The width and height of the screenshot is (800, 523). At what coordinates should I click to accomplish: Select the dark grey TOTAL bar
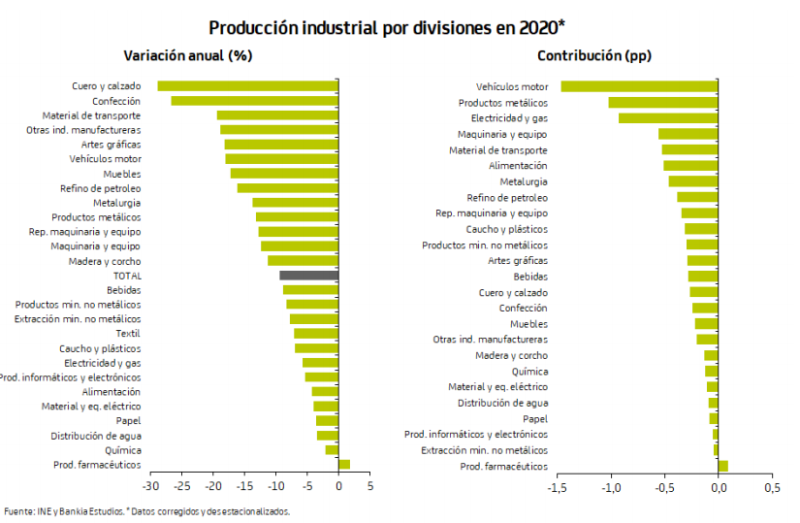308,276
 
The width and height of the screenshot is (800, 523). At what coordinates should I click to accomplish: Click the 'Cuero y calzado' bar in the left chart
247,86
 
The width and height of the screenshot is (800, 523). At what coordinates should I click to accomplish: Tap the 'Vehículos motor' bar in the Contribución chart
639,86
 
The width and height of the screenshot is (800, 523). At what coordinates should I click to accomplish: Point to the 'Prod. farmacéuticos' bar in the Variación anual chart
344,465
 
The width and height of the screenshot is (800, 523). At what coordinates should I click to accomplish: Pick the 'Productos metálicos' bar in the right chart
663,103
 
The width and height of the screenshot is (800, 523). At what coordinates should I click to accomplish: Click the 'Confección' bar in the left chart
254,101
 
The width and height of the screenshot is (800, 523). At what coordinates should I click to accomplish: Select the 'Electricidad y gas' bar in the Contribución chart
668,118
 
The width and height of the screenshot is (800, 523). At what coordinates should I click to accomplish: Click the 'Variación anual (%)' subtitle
188,55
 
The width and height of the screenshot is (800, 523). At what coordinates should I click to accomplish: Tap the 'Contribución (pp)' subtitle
594,55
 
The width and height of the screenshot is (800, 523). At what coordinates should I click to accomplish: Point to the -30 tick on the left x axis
150,486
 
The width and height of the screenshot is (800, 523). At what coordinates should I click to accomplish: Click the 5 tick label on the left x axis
370,486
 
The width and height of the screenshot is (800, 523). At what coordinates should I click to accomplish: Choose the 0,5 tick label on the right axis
771,487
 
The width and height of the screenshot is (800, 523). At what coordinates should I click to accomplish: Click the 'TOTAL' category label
127,276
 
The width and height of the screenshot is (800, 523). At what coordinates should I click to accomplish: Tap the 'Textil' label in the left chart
129,334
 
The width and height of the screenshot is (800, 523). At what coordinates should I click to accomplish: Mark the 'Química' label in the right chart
529,372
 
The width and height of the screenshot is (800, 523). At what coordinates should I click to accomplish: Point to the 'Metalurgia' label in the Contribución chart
524,181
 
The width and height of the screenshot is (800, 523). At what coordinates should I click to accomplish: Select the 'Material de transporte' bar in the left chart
277,115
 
